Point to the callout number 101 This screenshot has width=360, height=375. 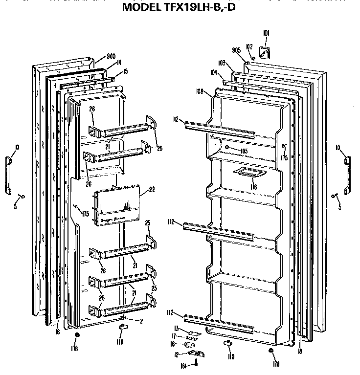[x=266, y=33]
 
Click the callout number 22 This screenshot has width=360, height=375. [x=151, y=190]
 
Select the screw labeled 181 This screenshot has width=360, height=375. [x=195, y=362]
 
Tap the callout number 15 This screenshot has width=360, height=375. [x=125, y=71]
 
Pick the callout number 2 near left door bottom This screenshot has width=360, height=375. [x=141, y=321]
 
